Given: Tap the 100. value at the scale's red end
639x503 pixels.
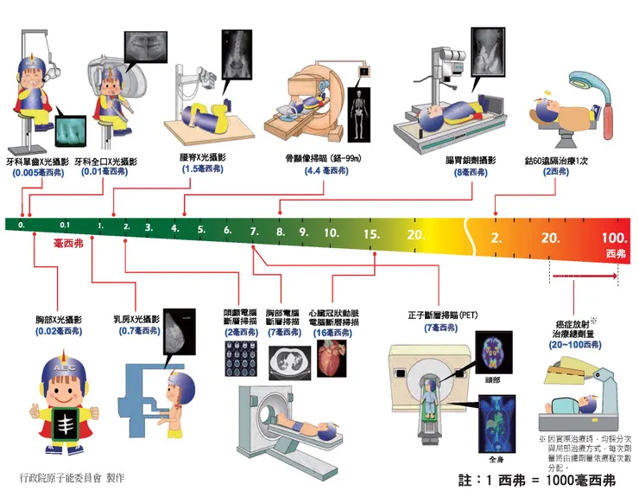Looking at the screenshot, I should pos(614,238).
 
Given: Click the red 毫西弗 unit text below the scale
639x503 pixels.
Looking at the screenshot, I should pos(69,245).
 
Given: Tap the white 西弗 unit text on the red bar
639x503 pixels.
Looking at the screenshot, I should pos(615,253).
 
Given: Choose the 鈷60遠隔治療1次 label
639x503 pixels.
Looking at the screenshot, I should pos(554,160).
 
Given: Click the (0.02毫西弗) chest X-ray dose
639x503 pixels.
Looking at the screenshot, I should pos(59,331).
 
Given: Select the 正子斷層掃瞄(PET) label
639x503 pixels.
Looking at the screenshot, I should pos(443,315).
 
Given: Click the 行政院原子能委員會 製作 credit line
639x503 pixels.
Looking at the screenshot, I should pos(73,476).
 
